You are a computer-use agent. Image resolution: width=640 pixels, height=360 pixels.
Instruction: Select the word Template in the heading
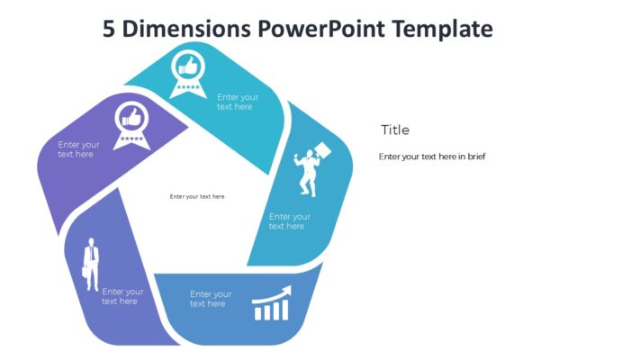pyautogui.click(x=443, y=29)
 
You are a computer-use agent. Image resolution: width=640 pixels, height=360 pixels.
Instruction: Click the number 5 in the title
pyautogui.click(x=110, y=29)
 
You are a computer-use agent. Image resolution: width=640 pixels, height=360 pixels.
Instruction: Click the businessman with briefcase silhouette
pyautogui.click(x=91, y=265)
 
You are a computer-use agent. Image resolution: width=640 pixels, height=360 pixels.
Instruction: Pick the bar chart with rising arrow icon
pyautogui.click(x=272, y=303)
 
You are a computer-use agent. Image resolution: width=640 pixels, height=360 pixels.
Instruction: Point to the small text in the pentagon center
pyautogui.click(x=197, y=196)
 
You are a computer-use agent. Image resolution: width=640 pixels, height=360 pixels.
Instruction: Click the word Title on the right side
pyautogui.click(x=394, y=130)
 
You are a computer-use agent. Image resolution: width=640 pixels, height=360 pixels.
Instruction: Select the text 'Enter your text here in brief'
pyautogui.click(x=432, y=157)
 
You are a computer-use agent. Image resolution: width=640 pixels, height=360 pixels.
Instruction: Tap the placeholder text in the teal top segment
pyautogui.click(x=238, y=102)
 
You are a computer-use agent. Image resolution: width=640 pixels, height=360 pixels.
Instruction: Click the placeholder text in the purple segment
pyautogui.click(x=79, y=149)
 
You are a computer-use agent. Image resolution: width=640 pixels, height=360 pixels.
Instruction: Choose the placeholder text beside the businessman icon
pyautogui.click(x=122, y=296)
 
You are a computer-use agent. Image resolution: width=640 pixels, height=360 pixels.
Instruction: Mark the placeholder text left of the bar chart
pyautogui.click(x=211, y=299)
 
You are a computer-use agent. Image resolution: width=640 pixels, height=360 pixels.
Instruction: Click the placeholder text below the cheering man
pyautogui.click(x=290, y=221)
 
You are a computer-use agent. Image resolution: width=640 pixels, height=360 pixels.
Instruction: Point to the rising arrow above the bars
pyautogui.click(x=274, y=292)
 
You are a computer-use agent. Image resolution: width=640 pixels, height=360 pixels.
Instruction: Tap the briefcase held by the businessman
pyautogui.click(x=85, y=271)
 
